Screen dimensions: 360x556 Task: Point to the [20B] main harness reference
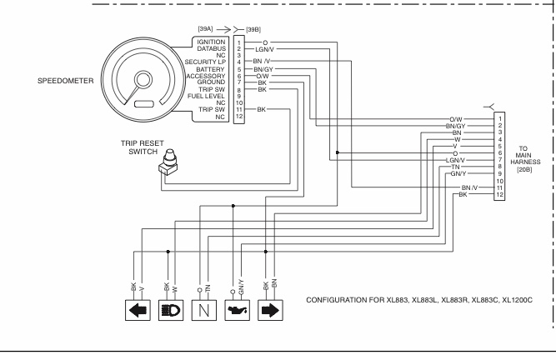[527, 170]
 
